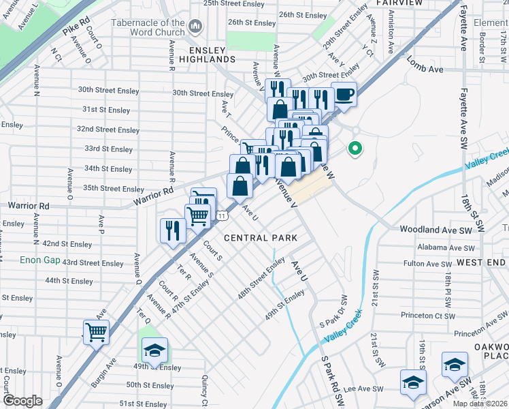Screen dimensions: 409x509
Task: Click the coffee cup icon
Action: click(344, 95)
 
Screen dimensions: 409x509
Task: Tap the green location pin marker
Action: click(354, 148)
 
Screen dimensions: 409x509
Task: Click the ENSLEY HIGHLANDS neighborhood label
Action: click(202, 55)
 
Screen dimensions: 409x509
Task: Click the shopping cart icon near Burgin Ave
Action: click(96, 333)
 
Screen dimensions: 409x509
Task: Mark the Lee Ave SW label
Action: click(365, 389)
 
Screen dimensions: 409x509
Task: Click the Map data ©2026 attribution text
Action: click(480, 404)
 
